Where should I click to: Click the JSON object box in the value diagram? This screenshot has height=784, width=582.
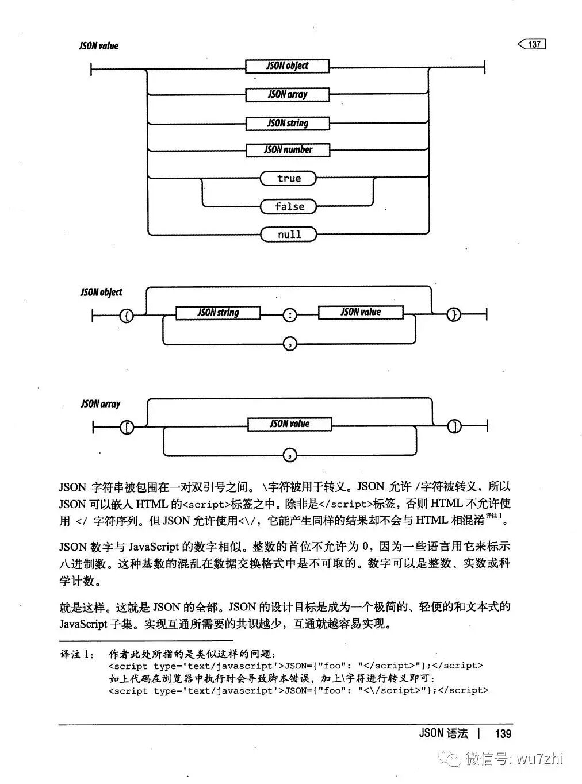287,66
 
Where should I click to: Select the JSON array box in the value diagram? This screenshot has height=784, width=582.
287,94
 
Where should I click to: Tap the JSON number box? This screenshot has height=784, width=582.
288,150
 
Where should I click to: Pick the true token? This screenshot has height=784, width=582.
289,178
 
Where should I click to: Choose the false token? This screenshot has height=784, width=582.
289,206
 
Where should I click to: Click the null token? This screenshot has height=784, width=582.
289,235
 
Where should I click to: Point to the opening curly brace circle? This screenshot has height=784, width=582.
126,314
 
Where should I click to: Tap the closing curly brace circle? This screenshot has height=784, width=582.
454,314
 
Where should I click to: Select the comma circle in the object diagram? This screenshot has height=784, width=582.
290,344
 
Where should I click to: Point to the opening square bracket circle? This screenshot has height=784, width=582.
126,426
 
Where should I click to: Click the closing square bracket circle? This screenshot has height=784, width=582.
454,426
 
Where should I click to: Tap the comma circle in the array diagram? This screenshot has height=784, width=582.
290,455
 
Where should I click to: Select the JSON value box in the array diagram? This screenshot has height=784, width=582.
289,424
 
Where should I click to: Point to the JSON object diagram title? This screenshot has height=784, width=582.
101,292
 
